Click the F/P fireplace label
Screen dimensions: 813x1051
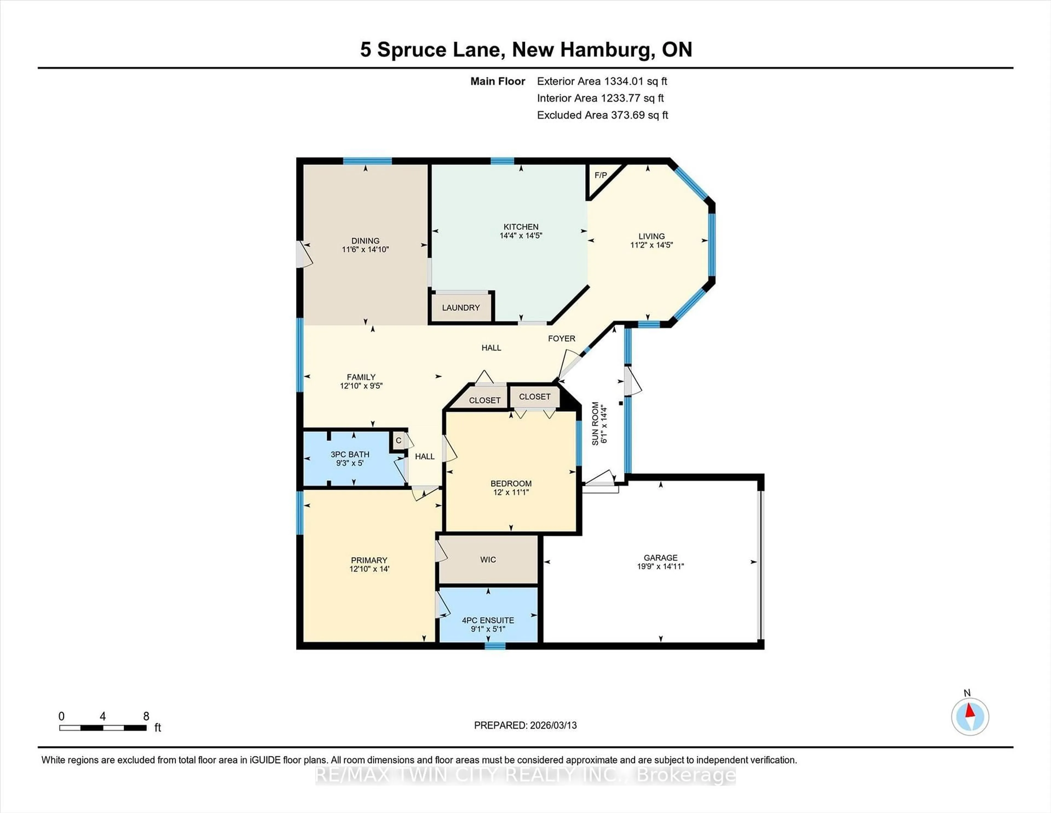[x=600, y=175]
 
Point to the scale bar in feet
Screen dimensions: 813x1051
[x=103, y=728]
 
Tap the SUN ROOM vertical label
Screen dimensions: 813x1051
[x=595, y=424]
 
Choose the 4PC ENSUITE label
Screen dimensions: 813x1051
[x=488, y=620]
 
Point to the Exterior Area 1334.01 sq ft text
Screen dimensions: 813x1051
[x=602, y=81]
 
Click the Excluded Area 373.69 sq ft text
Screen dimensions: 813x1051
[x=602, y=115]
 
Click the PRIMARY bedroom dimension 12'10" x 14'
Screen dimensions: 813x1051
[x=369, y=569]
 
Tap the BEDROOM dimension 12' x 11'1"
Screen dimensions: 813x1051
[x=511, y=492]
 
